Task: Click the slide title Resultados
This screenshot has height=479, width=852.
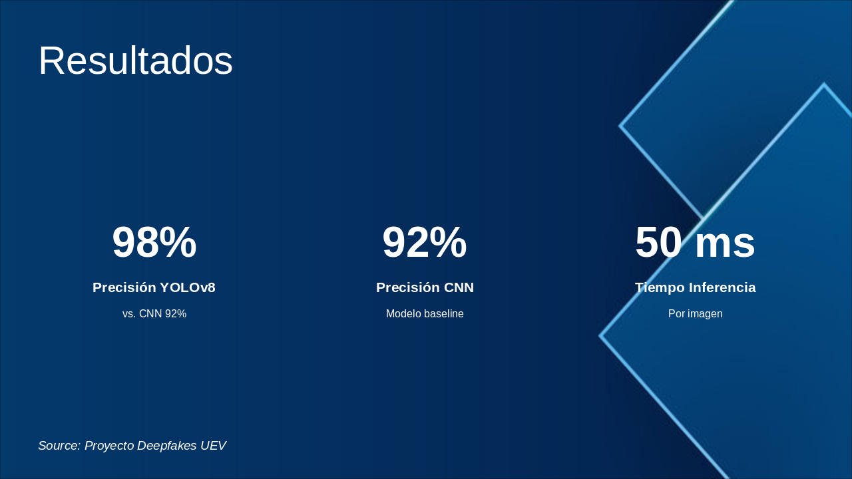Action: point(136,61)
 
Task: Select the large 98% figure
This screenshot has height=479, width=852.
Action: point(154,242)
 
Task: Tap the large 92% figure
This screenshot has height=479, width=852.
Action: point(425,242)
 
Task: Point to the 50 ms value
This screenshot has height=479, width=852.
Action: point(695,242)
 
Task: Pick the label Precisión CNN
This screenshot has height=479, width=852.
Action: point(425,287)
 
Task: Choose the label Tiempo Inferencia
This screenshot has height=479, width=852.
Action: point(695,287)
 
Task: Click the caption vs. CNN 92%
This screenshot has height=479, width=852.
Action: point(154,314)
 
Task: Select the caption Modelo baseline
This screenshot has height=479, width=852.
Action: point(425,314)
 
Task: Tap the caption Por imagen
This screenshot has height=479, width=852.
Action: point(695,314)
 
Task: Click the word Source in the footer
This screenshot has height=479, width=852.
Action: point(59,446)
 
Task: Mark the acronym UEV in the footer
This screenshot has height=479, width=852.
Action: point(213,446)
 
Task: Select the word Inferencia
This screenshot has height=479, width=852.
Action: point(722,287)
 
